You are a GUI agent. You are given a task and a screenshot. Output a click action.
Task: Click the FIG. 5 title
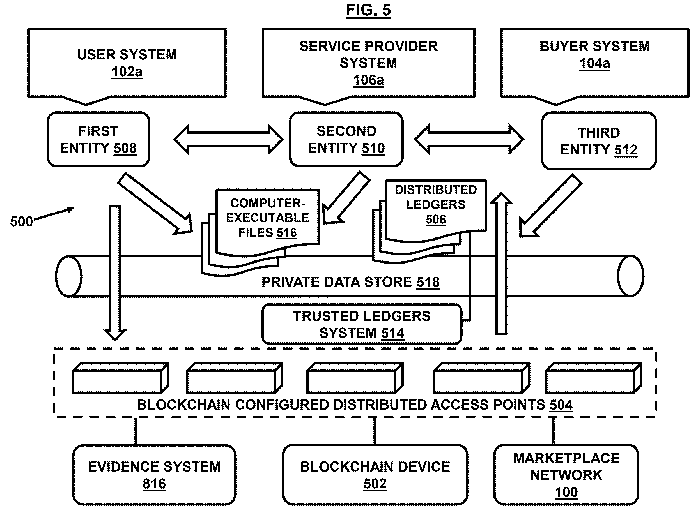368,10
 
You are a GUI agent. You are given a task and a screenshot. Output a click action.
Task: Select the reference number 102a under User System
127,72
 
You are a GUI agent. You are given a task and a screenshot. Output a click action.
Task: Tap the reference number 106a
368,80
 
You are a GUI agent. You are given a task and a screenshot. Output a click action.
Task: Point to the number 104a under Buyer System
594,64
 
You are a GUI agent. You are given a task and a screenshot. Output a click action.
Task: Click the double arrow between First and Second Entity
228,139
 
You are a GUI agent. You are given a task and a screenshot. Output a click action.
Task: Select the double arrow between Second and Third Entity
469,139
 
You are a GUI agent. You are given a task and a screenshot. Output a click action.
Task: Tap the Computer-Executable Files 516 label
268,218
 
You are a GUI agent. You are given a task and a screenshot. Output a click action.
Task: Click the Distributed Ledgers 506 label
436,204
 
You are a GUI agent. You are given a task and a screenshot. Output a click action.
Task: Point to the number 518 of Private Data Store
428,282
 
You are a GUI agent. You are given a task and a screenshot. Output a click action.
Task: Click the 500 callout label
21,222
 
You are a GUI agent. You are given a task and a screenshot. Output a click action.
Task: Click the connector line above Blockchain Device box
375,431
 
